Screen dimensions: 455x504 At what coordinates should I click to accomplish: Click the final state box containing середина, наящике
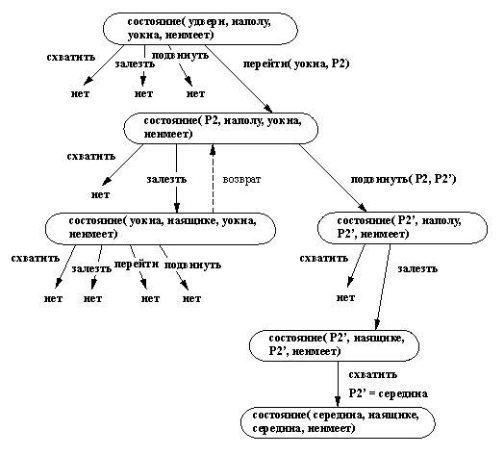(x=337, y=420)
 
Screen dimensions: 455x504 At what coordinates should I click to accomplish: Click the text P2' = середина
(x=389, y=393)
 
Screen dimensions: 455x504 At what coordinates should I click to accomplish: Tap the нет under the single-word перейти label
(x=150, y=298)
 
